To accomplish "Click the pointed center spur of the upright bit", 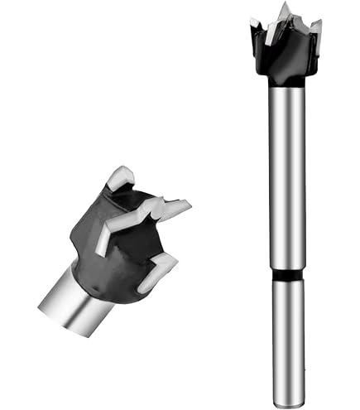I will (286, 11).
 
